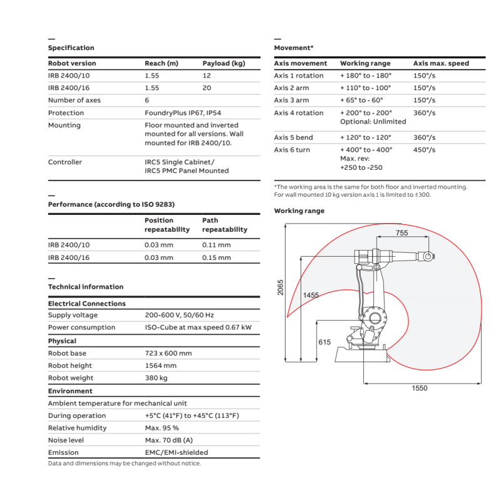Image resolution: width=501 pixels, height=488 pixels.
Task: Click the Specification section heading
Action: [x=71, y=48]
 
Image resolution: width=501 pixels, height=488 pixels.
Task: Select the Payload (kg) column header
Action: [x=224, y=63]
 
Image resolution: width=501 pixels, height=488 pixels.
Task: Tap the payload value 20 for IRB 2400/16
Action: [x=207, y=88]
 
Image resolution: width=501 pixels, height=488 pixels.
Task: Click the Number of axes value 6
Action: [x=147, y=100]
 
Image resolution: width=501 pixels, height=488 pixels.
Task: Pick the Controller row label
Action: [x=65, y=162]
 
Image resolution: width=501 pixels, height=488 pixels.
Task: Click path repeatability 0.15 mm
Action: [x=216, y=257]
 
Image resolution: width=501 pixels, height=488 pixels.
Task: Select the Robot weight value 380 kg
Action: [x=157, y=378]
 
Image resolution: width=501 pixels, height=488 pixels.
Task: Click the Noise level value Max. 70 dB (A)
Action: [x=168, y=440]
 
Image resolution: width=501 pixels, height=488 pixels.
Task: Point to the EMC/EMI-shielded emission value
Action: [x=176, y=452]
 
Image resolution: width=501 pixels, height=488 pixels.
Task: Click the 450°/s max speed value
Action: [x=424, y=150]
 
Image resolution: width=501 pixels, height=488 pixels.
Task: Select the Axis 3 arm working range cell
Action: [x=361, y=100]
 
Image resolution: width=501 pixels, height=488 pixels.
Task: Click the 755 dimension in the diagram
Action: [x=403, y=233]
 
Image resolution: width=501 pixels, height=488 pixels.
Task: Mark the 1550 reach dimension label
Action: [x=420, y=388]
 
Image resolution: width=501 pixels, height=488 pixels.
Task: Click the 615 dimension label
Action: [x=324, y=342]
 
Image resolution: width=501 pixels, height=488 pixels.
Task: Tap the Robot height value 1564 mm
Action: [x=160, y=365]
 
